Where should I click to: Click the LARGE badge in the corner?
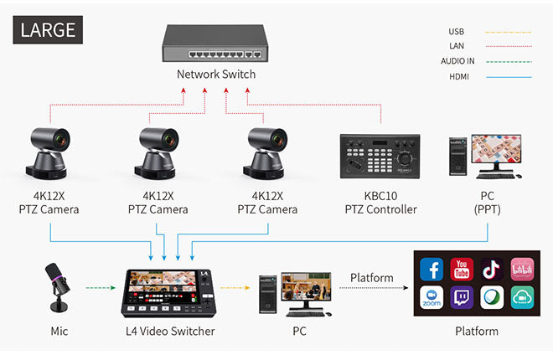(x=48, y=29)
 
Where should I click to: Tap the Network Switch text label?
(x=215, y=75)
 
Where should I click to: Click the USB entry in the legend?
(x=457, y=32)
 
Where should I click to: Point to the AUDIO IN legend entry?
(x=457, y=61)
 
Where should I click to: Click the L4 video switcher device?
(x=169, y=292)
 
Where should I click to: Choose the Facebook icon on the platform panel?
(x=433, y=270)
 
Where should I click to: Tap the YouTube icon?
(x=462, y=270)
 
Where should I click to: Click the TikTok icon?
(x=491, y=270)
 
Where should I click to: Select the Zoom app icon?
(x=433, y=298)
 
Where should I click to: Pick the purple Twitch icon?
(x=462, y=298)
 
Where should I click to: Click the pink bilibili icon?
(x=520, y=270)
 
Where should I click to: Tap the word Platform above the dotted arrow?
(x=371, y=277)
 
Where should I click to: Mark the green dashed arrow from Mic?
(x=100, y=289)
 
